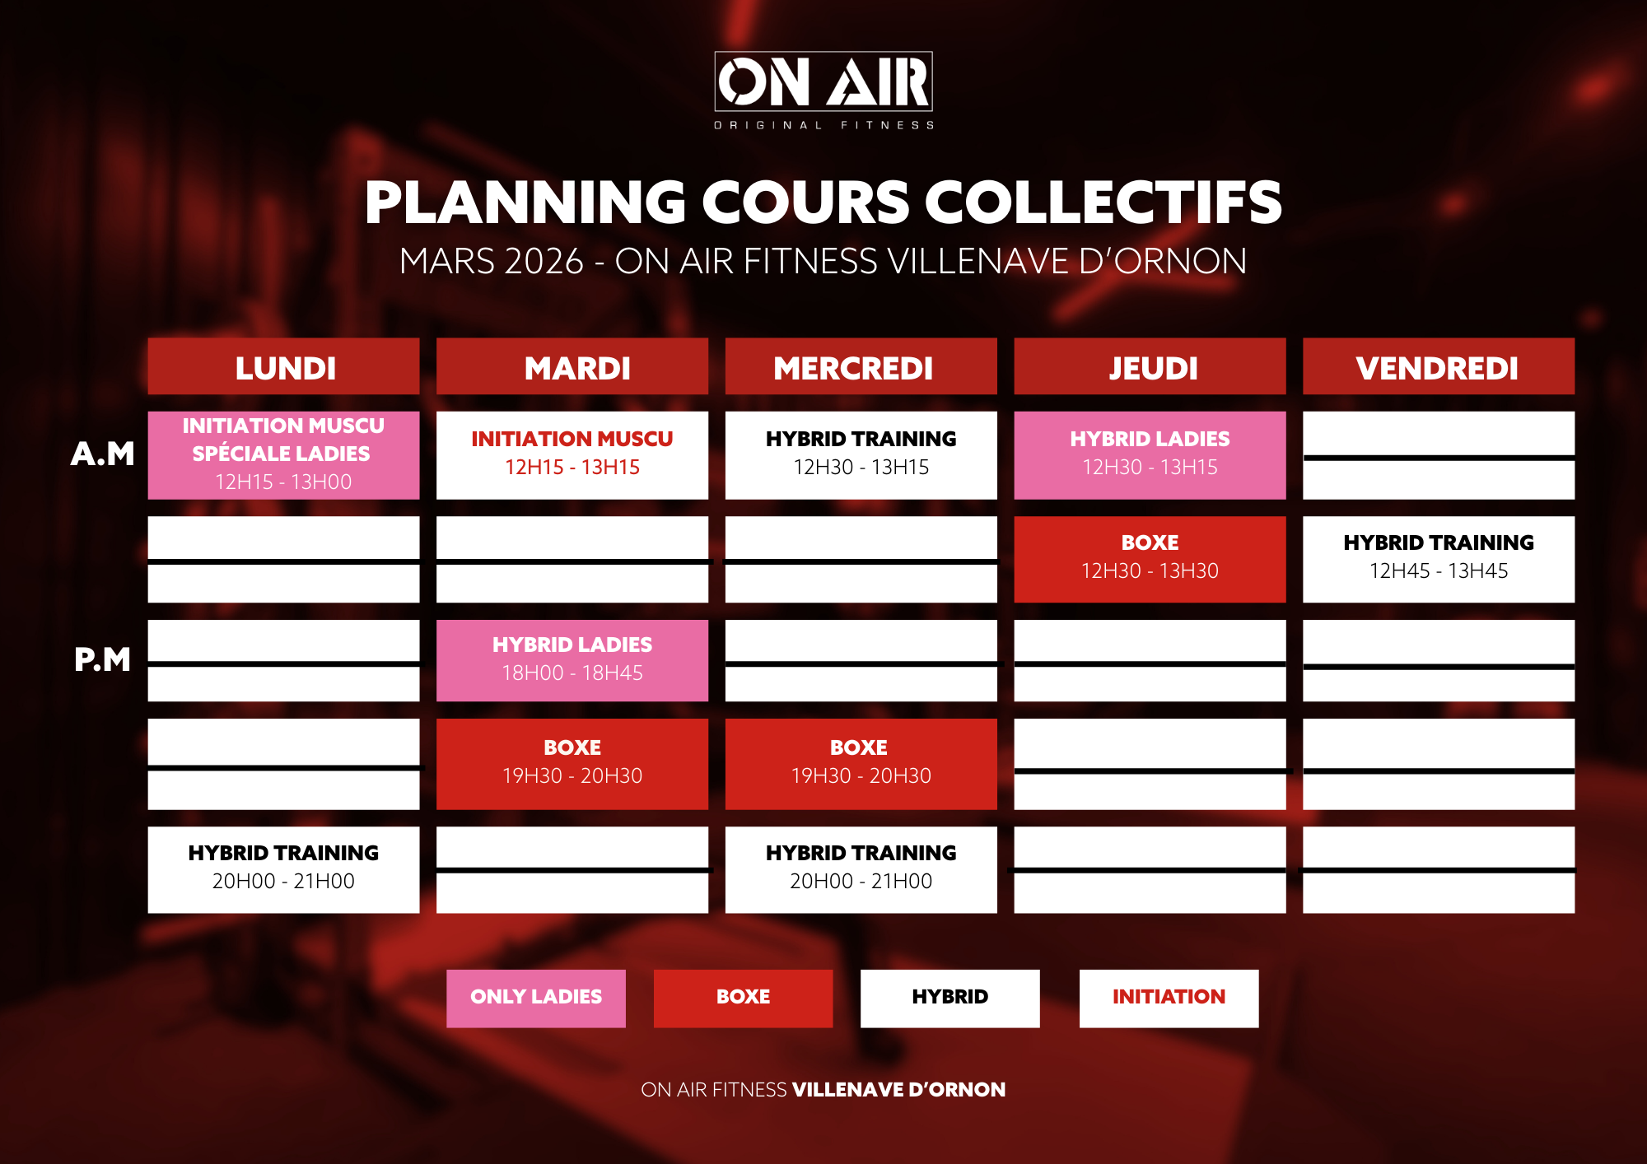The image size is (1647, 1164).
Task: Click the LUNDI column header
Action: click(283, 366)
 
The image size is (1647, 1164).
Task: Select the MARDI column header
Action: click(572, 366)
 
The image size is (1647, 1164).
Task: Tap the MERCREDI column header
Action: click(861, 366)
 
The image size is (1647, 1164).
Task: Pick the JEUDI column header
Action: click(1150, 366)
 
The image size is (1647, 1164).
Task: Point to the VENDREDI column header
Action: click(1439, 366)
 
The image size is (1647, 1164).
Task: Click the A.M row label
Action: click(102, 454)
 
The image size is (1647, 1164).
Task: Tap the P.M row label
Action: click(102, 659)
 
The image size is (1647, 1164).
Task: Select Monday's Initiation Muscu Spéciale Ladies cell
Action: click(283, 455)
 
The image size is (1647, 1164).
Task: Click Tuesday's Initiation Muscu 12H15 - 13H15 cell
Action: click(572, 455)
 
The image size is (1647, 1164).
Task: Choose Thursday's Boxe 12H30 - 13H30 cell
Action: click(1150, 559)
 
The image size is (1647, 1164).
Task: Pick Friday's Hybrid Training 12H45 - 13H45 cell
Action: click(1439, 559)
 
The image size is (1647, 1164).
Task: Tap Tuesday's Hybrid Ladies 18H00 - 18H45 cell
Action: click(572, 660)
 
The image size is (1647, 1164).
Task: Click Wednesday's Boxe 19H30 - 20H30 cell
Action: click(861, 764)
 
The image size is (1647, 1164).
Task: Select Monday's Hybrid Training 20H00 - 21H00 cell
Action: click(283, 869)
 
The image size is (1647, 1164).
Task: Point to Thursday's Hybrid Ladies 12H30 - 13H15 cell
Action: click(1150, 455)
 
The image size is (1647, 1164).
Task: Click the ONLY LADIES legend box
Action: click(536, 999)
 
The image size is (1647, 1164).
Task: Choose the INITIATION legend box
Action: click(1169, 999)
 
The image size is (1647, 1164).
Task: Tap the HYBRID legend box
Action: click(950, 999)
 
